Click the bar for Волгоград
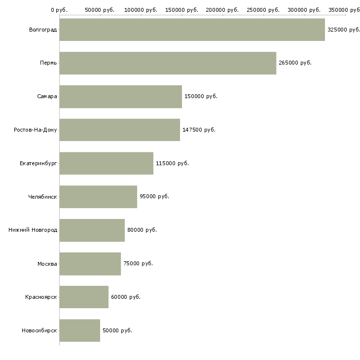click(x=192, y=30)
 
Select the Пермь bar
click(x=168, y=63)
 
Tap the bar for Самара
click(x=120, y=96)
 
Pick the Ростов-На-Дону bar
click(x=119, y=130)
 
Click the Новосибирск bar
click(x=79, y=330)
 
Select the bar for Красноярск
click(x=84, y=297)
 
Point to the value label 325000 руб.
click(x=344, y=30)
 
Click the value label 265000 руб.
click(x=295, y=63)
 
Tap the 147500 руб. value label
click(x=199, y=130)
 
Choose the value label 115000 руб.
click(x=172, y=163)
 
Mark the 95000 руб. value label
click(x=154, y=197)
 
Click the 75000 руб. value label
click(x=138, y=263)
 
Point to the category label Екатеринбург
click(x=38, y=163)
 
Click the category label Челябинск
click(x=42, y=197)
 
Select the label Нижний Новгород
click(x=33, y=230)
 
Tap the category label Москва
click(x=47, y=264)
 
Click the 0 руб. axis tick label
click(x=59, y=10)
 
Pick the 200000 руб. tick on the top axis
click(x=222, y=10)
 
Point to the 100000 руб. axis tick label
click(x=141, y=10)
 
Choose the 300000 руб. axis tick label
click(x=304, y=10)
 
